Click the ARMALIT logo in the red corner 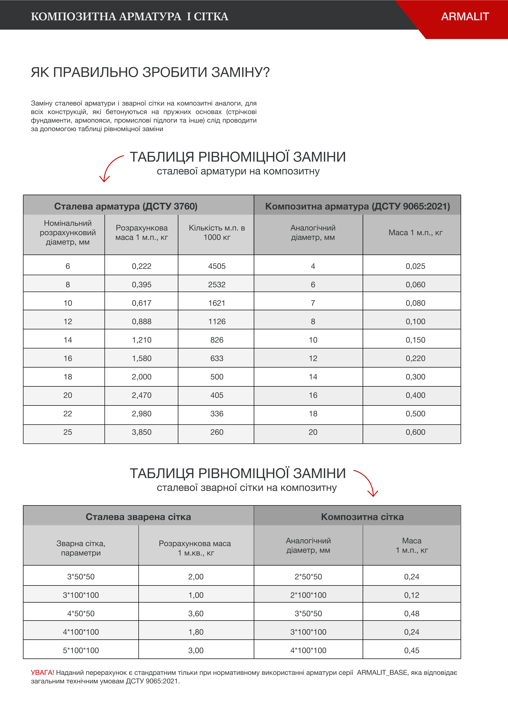(465, 17)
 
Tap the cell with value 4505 (217, 266)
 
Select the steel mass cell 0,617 (142, 303)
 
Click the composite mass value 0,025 (415, 266)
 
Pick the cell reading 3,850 (142, 432)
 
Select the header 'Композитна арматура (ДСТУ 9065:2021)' (357, 206)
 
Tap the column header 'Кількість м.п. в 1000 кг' (217, 233)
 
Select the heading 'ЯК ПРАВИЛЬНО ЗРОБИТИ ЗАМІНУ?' (150, 72)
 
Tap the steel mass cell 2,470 (142, 395)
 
